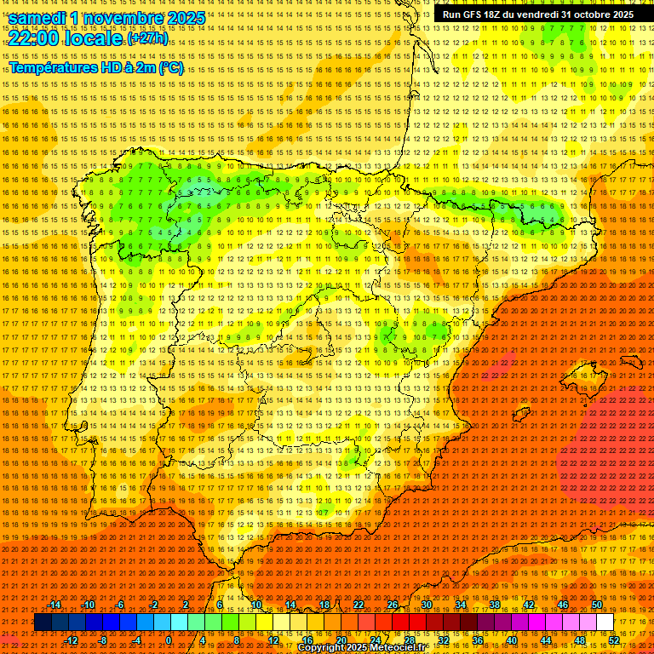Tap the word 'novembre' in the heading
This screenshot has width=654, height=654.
[123, 17]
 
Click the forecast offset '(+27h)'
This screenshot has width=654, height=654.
[147, 39]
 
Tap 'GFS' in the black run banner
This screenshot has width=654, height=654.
[471, 14]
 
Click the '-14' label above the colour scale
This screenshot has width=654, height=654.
[54, 605]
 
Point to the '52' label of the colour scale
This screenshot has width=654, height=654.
[614, 640]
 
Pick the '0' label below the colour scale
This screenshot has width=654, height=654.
[169, 640]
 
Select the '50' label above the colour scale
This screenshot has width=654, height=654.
[597, 605]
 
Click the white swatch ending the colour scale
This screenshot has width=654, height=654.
[605, 622]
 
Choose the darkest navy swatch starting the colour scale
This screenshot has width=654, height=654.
[43, 622]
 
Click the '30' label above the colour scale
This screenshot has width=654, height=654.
[426, 605]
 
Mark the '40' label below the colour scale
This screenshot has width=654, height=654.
[511, 640]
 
